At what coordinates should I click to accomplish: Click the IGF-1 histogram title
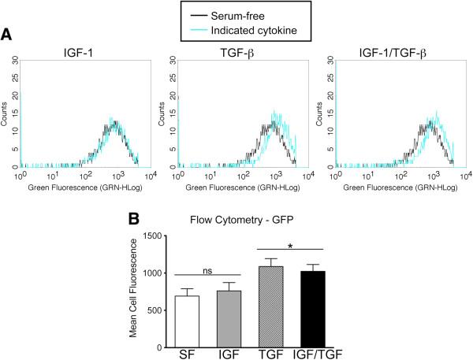click(84, 54)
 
